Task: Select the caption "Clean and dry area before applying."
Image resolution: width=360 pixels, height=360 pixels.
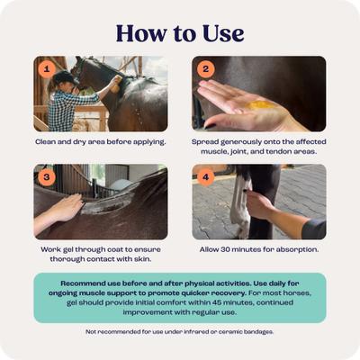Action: coord(101,142)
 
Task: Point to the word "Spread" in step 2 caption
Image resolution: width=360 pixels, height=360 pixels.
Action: coord(206,142)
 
